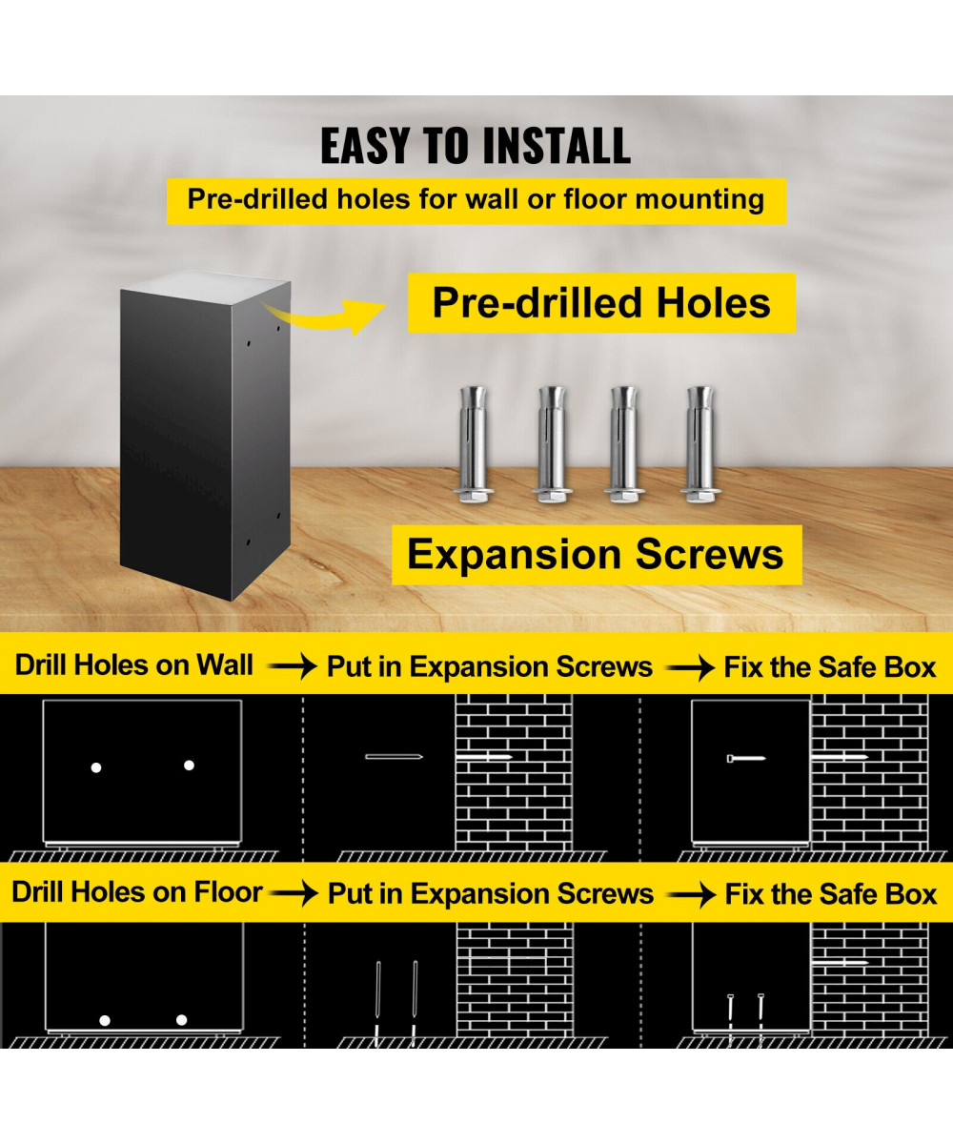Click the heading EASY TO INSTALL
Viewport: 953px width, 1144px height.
point(475,146)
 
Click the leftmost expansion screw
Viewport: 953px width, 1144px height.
point(474,443)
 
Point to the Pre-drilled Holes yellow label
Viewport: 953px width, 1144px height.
point(601,303)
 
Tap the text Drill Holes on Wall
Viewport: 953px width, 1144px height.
point(134,665)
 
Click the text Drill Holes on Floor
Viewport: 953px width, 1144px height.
point(136,892)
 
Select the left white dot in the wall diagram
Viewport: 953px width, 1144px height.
point(95,766)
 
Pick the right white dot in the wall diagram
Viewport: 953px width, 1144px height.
point(189,765)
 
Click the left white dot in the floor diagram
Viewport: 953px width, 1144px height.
point(105,1020)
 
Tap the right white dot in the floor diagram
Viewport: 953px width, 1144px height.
point(181,1020)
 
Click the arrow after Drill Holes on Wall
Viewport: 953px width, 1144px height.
point(292,667)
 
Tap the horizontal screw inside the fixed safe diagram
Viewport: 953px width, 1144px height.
point(746,758)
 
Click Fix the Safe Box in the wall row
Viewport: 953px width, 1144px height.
point(830,667)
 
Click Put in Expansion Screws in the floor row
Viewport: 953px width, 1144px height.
point(490,894)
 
